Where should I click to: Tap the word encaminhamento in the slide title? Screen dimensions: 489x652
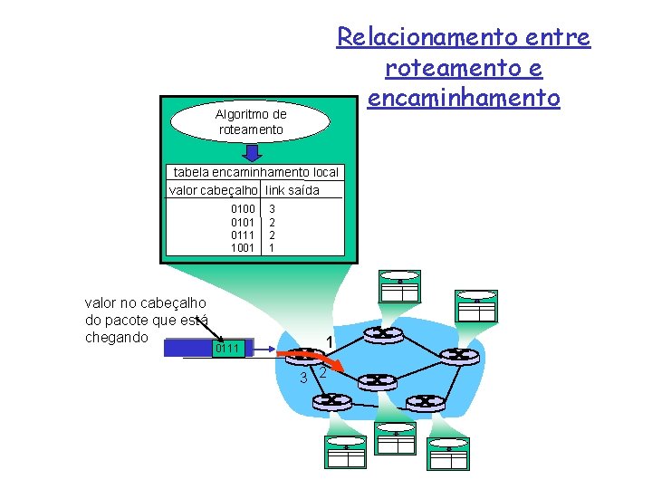point(464,97)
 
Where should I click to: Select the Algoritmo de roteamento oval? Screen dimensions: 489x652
point(251,121)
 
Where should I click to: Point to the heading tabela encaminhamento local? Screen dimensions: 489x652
point(255,172)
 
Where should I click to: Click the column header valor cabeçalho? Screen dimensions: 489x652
point(215,189)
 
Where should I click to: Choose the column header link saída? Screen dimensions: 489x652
point(292,189)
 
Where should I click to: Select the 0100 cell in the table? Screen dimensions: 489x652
point(243,209)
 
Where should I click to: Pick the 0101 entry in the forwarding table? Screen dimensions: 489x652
point(243,222)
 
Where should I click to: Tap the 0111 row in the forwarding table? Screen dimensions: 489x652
point(243,235)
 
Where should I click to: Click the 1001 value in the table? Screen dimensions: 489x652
point(243,247)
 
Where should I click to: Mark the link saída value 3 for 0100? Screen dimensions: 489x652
point(272,209)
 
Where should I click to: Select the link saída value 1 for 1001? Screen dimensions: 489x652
point(272,247)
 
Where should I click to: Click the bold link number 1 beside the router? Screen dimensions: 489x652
point(330,340)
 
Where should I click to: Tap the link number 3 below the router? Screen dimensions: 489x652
point(303,378)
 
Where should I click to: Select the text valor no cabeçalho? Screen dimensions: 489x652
point(145,303)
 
